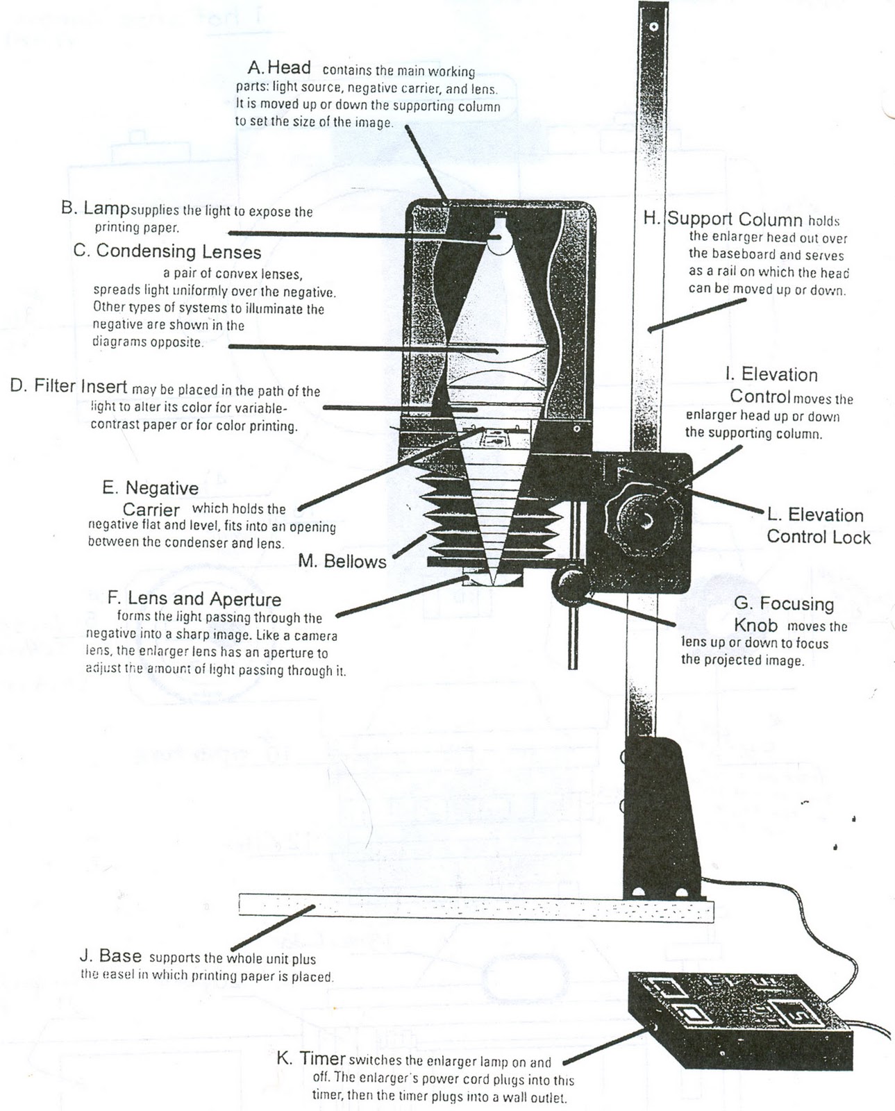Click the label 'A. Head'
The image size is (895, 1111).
coord(279,68)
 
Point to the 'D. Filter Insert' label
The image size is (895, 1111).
coord(69,386)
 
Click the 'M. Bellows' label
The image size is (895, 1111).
coord(342,561)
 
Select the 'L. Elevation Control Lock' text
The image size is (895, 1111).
coord(817,526)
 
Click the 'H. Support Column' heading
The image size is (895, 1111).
coord(723,219)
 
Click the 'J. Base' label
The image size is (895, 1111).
coord(110,956)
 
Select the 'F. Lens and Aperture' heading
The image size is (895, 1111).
coord(194,599)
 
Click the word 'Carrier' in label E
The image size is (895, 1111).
coord(151,509)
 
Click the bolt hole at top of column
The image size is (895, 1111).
coord(653,26)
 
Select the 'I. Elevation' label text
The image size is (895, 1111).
coord(771,375)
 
